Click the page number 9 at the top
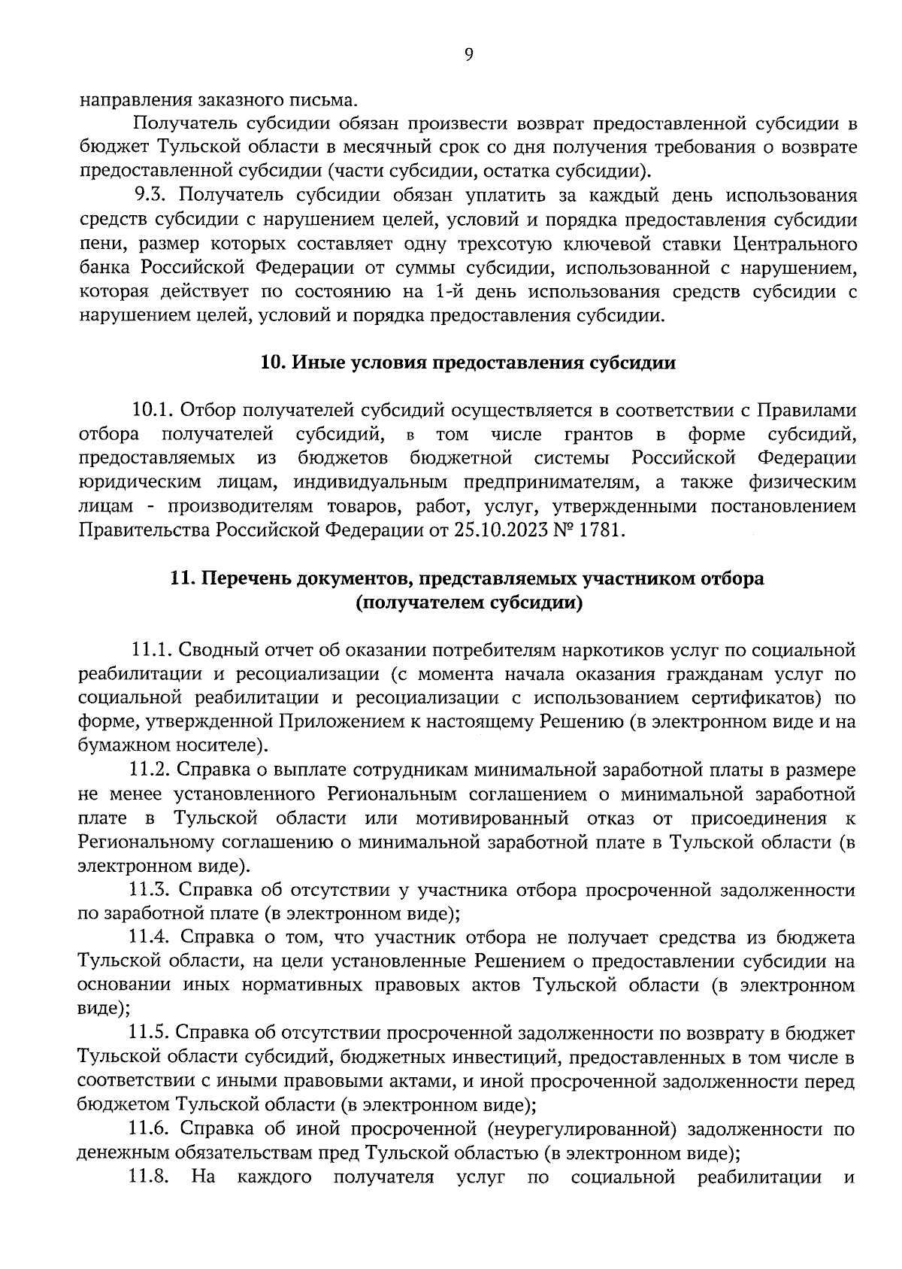[x=469, y=54]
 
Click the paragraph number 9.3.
[x=153, y=196]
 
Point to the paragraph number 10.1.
[x=153, y=411]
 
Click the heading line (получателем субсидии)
[x=469, y=603]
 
